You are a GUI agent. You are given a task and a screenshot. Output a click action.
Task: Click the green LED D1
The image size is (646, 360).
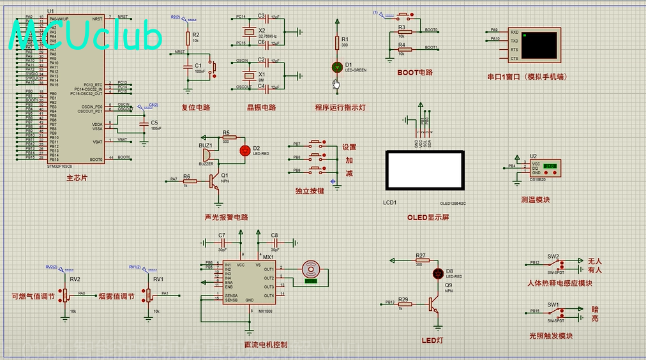[337, 66]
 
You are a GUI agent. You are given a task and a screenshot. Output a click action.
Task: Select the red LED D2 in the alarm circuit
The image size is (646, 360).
[244, 151]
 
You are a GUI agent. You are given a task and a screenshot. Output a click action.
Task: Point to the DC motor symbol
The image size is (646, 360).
[311, 271]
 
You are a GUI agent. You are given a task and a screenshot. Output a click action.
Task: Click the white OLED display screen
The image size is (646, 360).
[424, 170]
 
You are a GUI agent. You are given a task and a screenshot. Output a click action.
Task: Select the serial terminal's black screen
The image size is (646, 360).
[541, 44]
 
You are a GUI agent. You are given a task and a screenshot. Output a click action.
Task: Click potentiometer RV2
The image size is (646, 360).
[64, 296]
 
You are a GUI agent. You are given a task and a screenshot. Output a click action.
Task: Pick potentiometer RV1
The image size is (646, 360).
[149, 296]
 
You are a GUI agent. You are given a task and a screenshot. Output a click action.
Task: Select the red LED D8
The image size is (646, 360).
[438, 274]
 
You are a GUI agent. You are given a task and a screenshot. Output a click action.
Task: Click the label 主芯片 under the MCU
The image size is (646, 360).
[77, 178]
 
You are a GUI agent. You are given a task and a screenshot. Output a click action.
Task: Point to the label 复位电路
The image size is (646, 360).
[196, 107]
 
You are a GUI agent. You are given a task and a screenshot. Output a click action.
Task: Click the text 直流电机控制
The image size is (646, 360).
[266, 345]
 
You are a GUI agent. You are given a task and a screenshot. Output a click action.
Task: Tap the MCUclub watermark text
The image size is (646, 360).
[86, 37]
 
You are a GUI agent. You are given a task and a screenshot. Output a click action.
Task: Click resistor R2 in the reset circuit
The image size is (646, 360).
[187, 39]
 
